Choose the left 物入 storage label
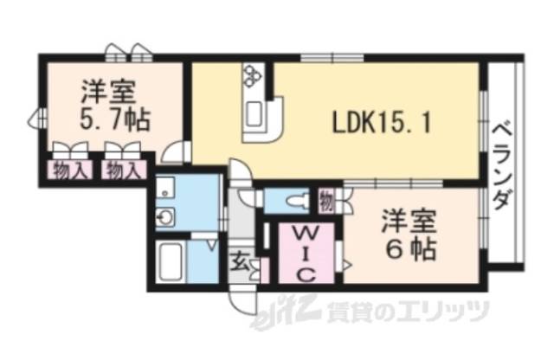tap(70, 170)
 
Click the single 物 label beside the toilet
tap(324, 201)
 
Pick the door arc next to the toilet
tap(248, 196)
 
